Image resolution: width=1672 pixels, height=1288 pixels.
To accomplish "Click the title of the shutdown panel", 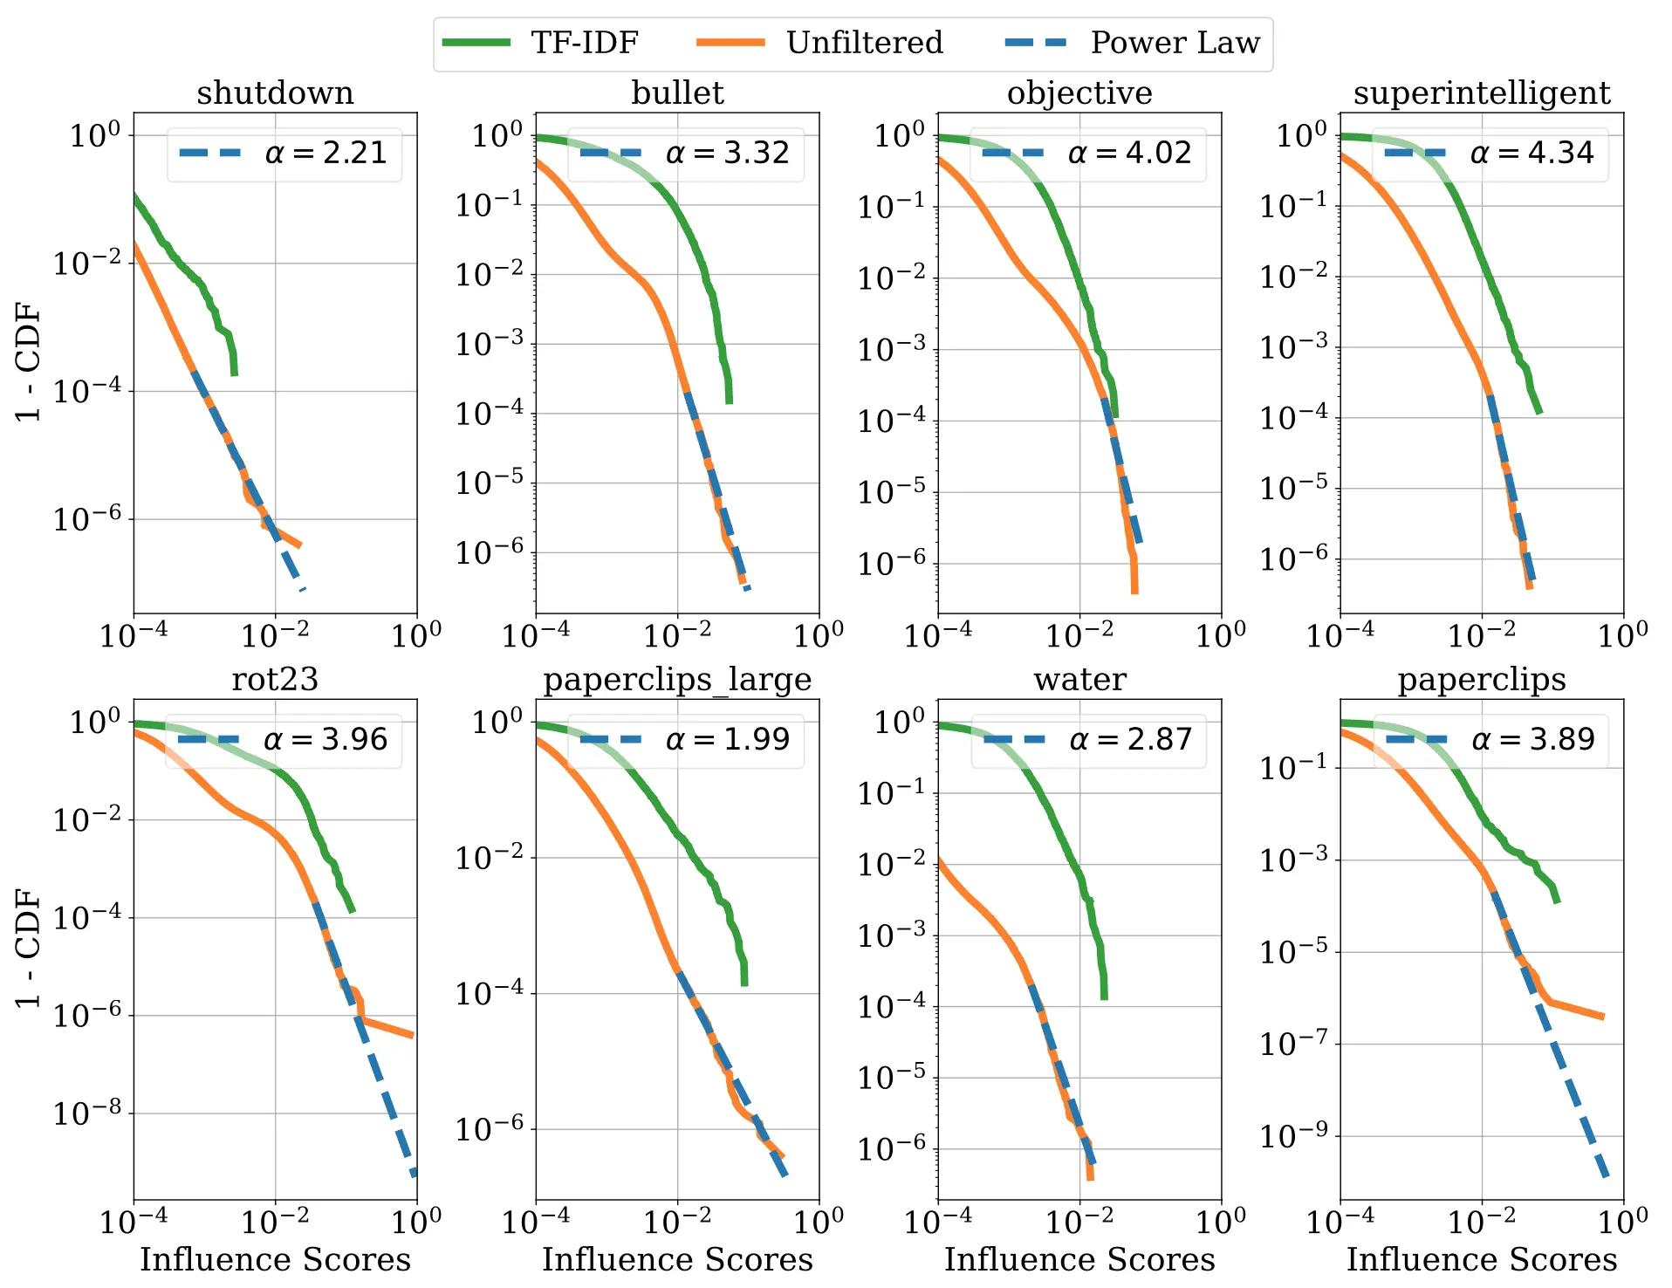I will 275,93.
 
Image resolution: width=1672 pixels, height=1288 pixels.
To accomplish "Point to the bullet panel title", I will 677,93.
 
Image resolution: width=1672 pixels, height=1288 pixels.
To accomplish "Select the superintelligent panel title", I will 1481,93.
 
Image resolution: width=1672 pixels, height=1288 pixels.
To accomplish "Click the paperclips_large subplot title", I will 677,680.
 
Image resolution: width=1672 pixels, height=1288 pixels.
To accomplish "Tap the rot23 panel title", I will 275,680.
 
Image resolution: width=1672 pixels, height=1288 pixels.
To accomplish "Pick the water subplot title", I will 1079,680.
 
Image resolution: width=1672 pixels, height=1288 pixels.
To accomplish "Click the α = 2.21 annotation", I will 325,154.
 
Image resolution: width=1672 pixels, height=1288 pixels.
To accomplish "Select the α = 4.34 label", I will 1532,154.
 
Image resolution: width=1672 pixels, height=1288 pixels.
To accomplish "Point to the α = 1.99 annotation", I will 727,740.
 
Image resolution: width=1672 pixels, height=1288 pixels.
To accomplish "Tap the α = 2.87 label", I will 1130,740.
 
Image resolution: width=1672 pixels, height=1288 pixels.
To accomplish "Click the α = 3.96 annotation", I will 325,740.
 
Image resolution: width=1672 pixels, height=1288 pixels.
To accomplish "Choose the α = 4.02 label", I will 1129,154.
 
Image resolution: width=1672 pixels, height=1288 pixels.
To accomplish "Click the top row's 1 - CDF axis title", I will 29,362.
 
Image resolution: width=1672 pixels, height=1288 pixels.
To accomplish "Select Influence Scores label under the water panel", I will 1079,1259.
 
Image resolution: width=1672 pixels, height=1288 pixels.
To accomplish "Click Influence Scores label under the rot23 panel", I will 275,1259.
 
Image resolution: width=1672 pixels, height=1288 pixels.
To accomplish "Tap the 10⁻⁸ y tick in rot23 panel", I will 86,1113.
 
